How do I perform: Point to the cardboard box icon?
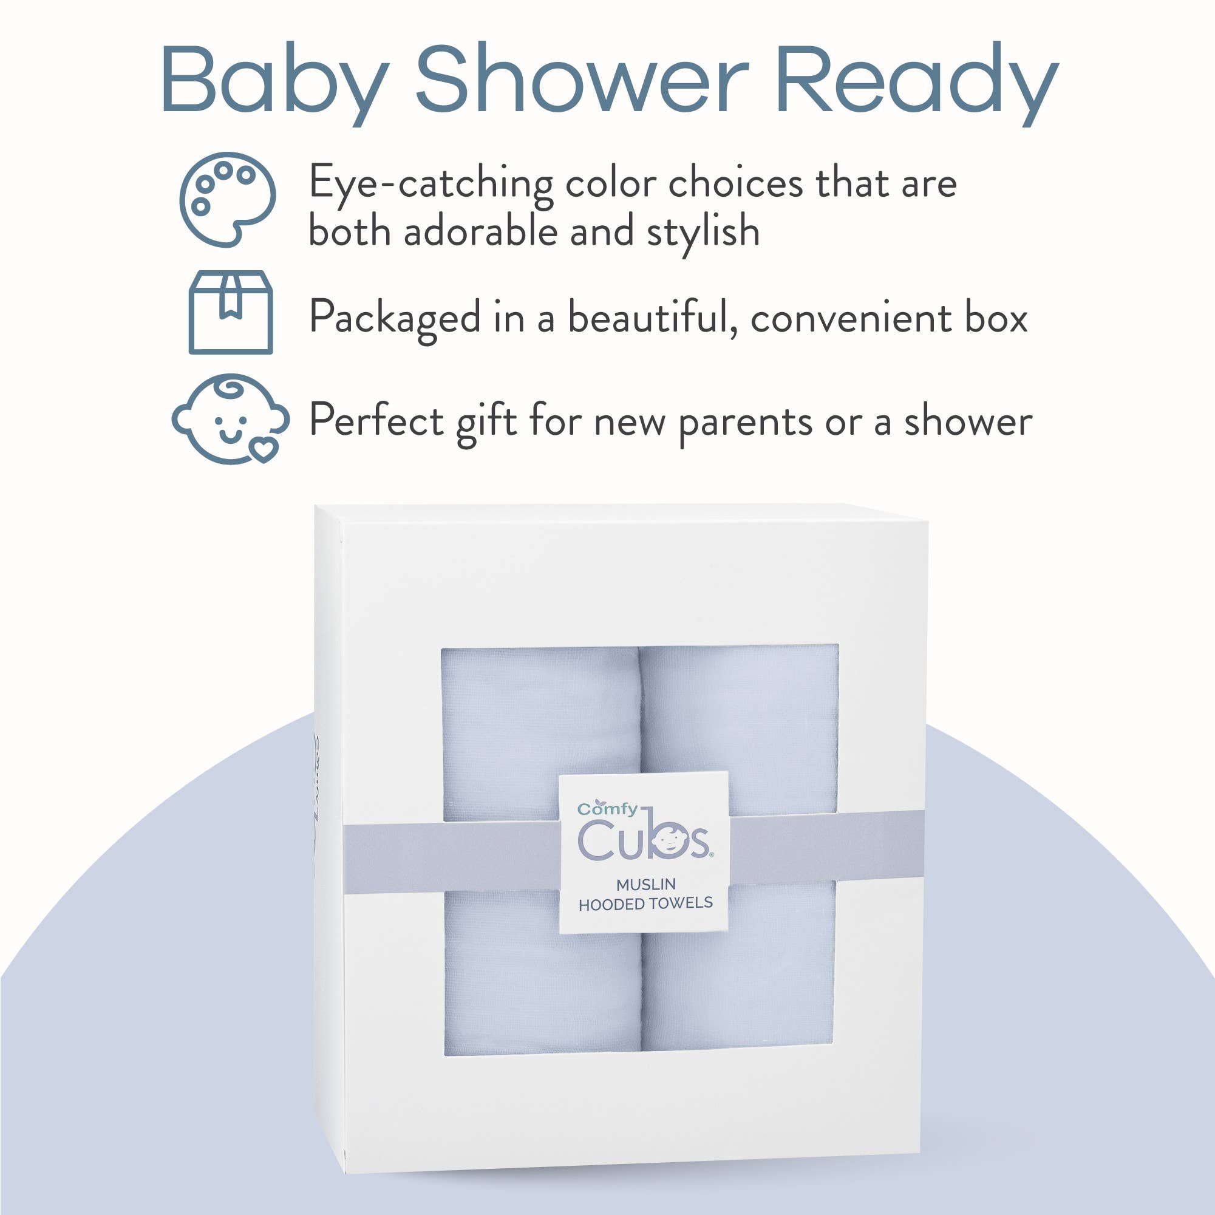click(x=231, y=312)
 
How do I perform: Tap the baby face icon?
click(x=230, y=419)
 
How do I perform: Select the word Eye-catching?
click(x=431, y=184)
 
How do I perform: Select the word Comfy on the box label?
click(x=607, y=809)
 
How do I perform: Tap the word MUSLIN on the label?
click(x=646, y=884)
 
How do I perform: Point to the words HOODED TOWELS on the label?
click(x=645, y=904)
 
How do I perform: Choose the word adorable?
click(x=480, y=231)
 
